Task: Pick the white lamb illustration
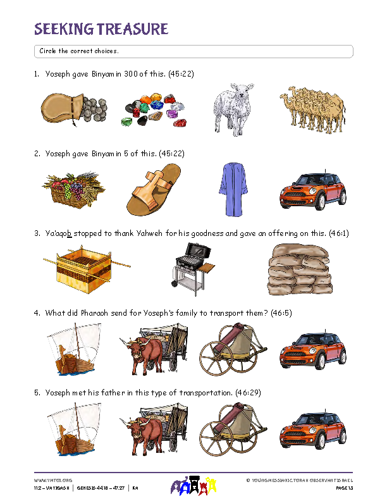coord(233,109)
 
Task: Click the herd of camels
coord(313,109)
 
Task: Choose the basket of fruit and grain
coord(74,190)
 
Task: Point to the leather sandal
coord(154,190)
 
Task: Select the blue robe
coord(233,189)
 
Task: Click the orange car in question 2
coord(313,190)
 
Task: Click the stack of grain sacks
coord(300,269)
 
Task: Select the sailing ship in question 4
coord(74,349)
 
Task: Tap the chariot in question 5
coord(233,429)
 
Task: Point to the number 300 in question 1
coord(131,74)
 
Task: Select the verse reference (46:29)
coord(248,393)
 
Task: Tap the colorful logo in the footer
coord(193,485)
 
